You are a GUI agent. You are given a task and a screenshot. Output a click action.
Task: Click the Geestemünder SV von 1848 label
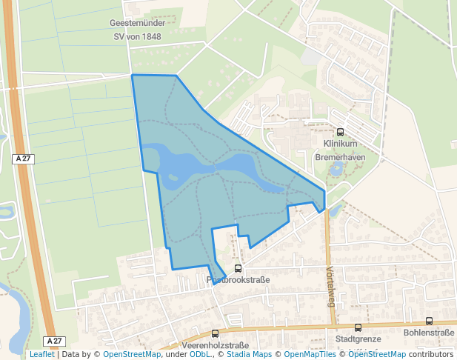tap(136, 30)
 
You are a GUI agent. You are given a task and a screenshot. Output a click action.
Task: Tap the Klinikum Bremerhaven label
tap(340, 150)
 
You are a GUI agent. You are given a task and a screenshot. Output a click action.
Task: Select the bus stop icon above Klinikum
tap(340, 132)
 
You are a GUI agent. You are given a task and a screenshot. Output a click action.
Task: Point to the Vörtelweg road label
tap(330, 286)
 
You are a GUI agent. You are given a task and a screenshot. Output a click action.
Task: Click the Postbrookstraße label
tap(238, 280)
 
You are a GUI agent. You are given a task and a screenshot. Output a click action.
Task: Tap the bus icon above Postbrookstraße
tap(238, 269)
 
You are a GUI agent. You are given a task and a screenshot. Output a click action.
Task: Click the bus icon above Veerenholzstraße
tap(215, 334)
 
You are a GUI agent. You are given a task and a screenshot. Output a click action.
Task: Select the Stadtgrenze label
tap(358, 339)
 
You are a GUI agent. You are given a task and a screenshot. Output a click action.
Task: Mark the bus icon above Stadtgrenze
tap(358, 327)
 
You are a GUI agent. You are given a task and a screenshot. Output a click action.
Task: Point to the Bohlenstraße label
tap(429, 333)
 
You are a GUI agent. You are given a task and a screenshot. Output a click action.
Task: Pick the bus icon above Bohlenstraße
tap(429, 321)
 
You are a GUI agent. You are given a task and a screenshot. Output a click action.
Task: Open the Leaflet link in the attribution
tap(41, 354)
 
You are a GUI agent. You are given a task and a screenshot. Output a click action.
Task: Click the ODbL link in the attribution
tap(199, 354)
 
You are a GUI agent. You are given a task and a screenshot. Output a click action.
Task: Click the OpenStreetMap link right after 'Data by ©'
tap(132, 354)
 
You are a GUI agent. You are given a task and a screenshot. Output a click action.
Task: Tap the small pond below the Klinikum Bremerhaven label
tap(337, 169)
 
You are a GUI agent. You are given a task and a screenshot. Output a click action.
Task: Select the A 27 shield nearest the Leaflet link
tap(51, 341)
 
